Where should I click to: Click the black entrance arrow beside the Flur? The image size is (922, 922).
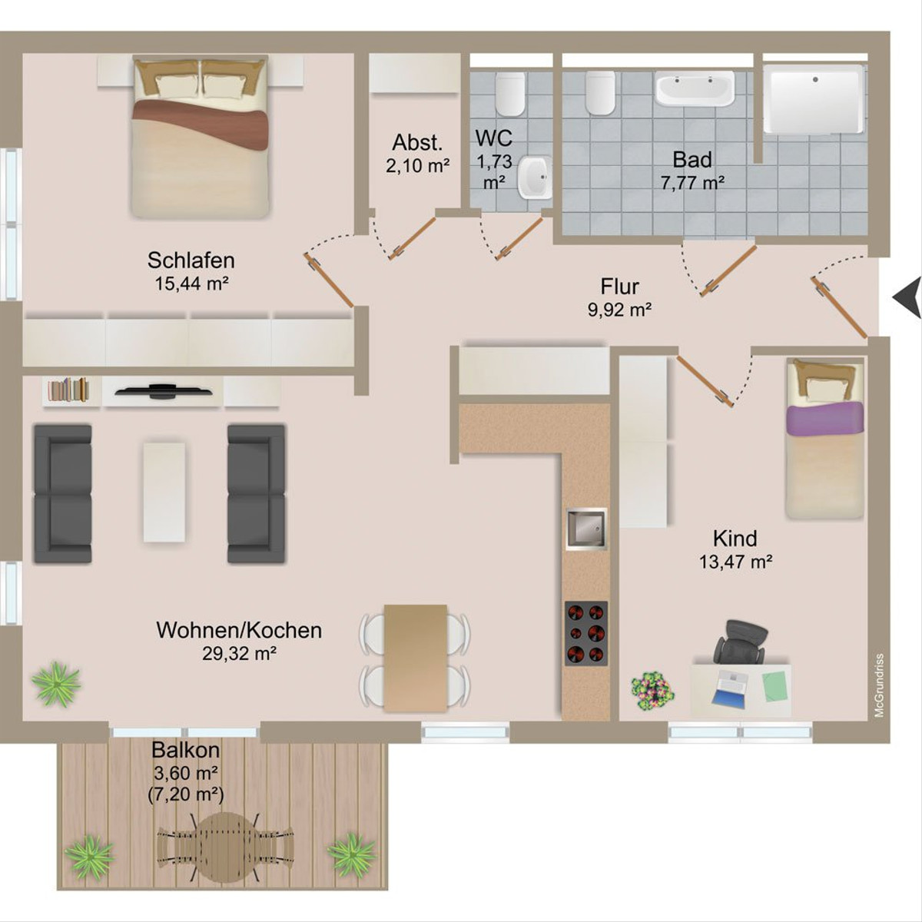[907, 297]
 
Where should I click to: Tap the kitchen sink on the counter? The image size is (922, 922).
[586, 529]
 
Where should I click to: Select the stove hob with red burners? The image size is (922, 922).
[586, 633]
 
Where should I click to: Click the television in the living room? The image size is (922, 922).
[164, 390]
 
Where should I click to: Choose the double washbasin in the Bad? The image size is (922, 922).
[695, 88]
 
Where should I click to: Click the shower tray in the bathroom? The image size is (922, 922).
[814, 99]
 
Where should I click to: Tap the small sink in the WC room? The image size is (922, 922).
[536, 177]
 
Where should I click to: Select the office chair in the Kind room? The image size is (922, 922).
[741, 642]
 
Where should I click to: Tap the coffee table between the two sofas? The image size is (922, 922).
[164, 492]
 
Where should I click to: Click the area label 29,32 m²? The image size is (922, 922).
[239, 653]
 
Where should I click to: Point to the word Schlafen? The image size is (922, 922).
[191, 260]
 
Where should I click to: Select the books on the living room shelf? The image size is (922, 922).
[69, 390]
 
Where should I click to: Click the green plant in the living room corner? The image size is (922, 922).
[56, 685]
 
